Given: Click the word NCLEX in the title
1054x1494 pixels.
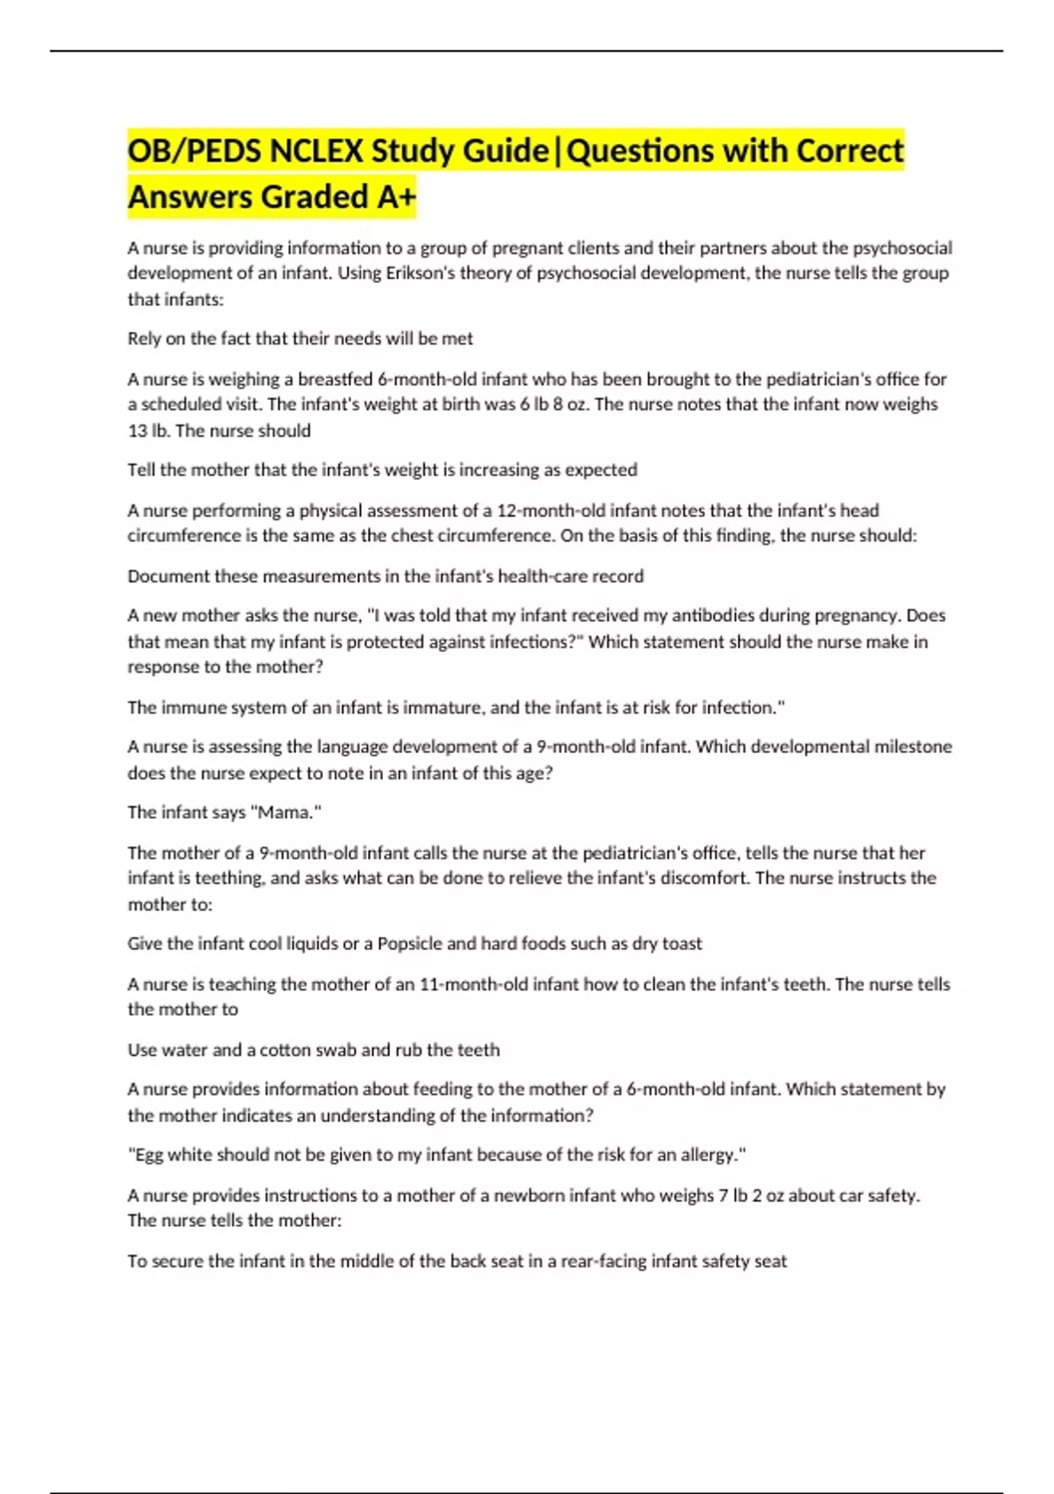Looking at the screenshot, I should coord(317,151).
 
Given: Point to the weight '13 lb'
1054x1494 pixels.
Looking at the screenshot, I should coord(148,431).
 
